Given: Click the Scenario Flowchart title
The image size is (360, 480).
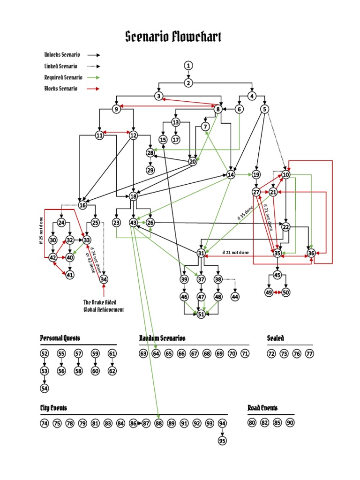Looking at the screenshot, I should coord(173,37).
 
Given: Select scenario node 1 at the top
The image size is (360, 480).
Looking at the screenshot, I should coord(188,65).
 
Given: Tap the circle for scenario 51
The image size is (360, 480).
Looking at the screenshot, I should coord(201,315).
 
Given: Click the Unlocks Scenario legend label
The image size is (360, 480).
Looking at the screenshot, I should coord(62,55).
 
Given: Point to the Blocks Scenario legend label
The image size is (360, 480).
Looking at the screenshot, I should coord(61,89).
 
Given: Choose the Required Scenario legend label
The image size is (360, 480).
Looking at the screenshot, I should coord(63,77).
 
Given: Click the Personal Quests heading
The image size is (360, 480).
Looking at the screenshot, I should coord(60,338).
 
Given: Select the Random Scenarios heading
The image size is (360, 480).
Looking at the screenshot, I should coord(162,338).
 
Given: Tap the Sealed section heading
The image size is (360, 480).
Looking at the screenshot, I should coord(276,338).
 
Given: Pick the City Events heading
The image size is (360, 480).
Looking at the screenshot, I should coord(53,408).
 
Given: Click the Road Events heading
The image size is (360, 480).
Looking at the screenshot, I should coord(262,408).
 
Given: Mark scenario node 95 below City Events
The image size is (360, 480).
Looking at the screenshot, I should coord(222,441).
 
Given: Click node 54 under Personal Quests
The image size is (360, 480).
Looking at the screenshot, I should coord(45,388).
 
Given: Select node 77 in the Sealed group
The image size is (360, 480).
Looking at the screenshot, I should coord(309,353).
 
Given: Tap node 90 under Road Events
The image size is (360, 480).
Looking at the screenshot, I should coord(290,423).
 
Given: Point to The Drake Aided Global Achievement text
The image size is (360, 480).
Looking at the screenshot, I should coord(104,306).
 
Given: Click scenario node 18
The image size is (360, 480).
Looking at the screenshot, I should coord(134,196).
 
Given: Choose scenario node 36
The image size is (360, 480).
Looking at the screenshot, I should coord(311,253).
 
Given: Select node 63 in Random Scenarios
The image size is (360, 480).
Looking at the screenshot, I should coord(143,353).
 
